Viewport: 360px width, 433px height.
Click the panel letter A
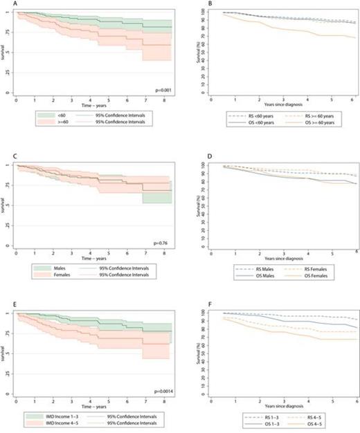3,4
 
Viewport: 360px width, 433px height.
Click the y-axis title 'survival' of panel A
3,52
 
